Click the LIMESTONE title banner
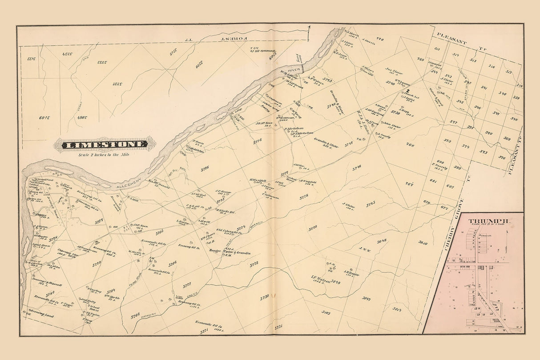(x=105, y=144)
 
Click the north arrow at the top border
(x=309, y=29)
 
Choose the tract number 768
(x=410, y=145)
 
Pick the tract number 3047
(x=367, y=298)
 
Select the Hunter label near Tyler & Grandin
(x=215, y=251)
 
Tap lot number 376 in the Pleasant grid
(x=502, y=157)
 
